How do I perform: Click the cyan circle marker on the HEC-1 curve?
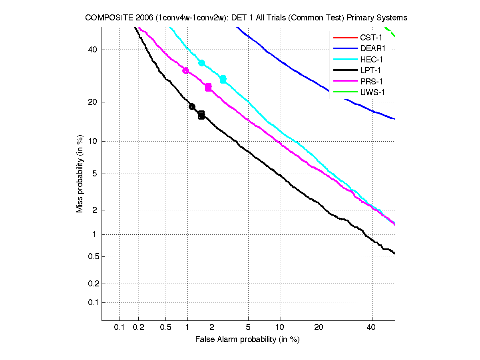(x=202, y=63)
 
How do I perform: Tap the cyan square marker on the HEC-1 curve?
(x=223, y=80)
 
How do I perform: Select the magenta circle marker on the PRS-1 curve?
(x=185, y=71)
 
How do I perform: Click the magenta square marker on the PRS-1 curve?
(x=208, y=87)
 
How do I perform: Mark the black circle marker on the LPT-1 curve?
(x=192, y=106)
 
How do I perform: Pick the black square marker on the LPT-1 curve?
(x=201, y=115)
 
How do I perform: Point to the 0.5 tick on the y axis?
(x=93, y=256)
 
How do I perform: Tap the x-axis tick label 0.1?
(x=120, y=327)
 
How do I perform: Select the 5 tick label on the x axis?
(x=248, y=327)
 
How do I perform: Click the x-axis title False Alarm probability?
(x=247, y=339)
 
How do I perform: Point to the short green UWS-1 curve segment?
(x=390, y=32)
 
